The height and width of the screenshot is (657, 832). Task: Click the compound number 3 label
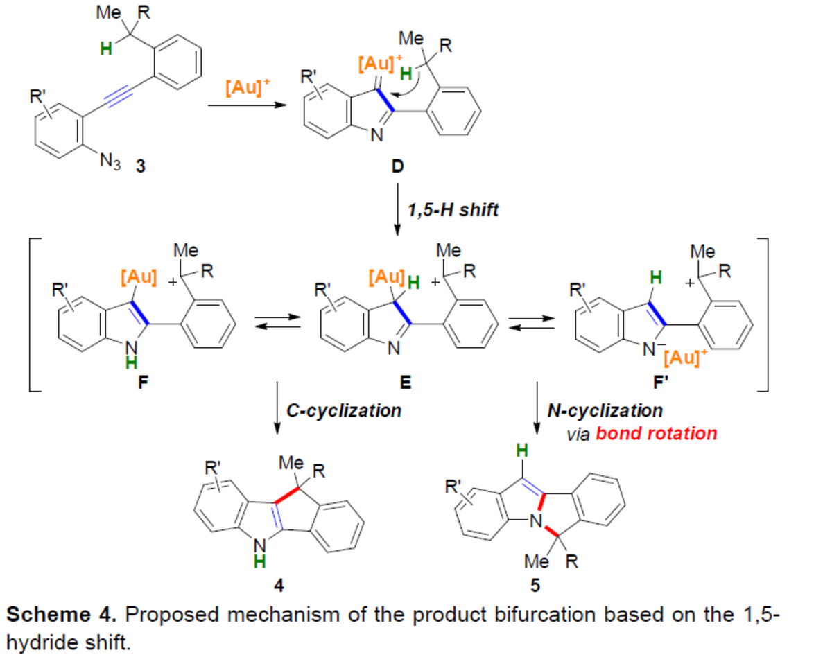141,167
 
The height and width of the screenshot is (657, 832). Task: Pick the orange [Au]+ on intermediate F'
683,360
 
